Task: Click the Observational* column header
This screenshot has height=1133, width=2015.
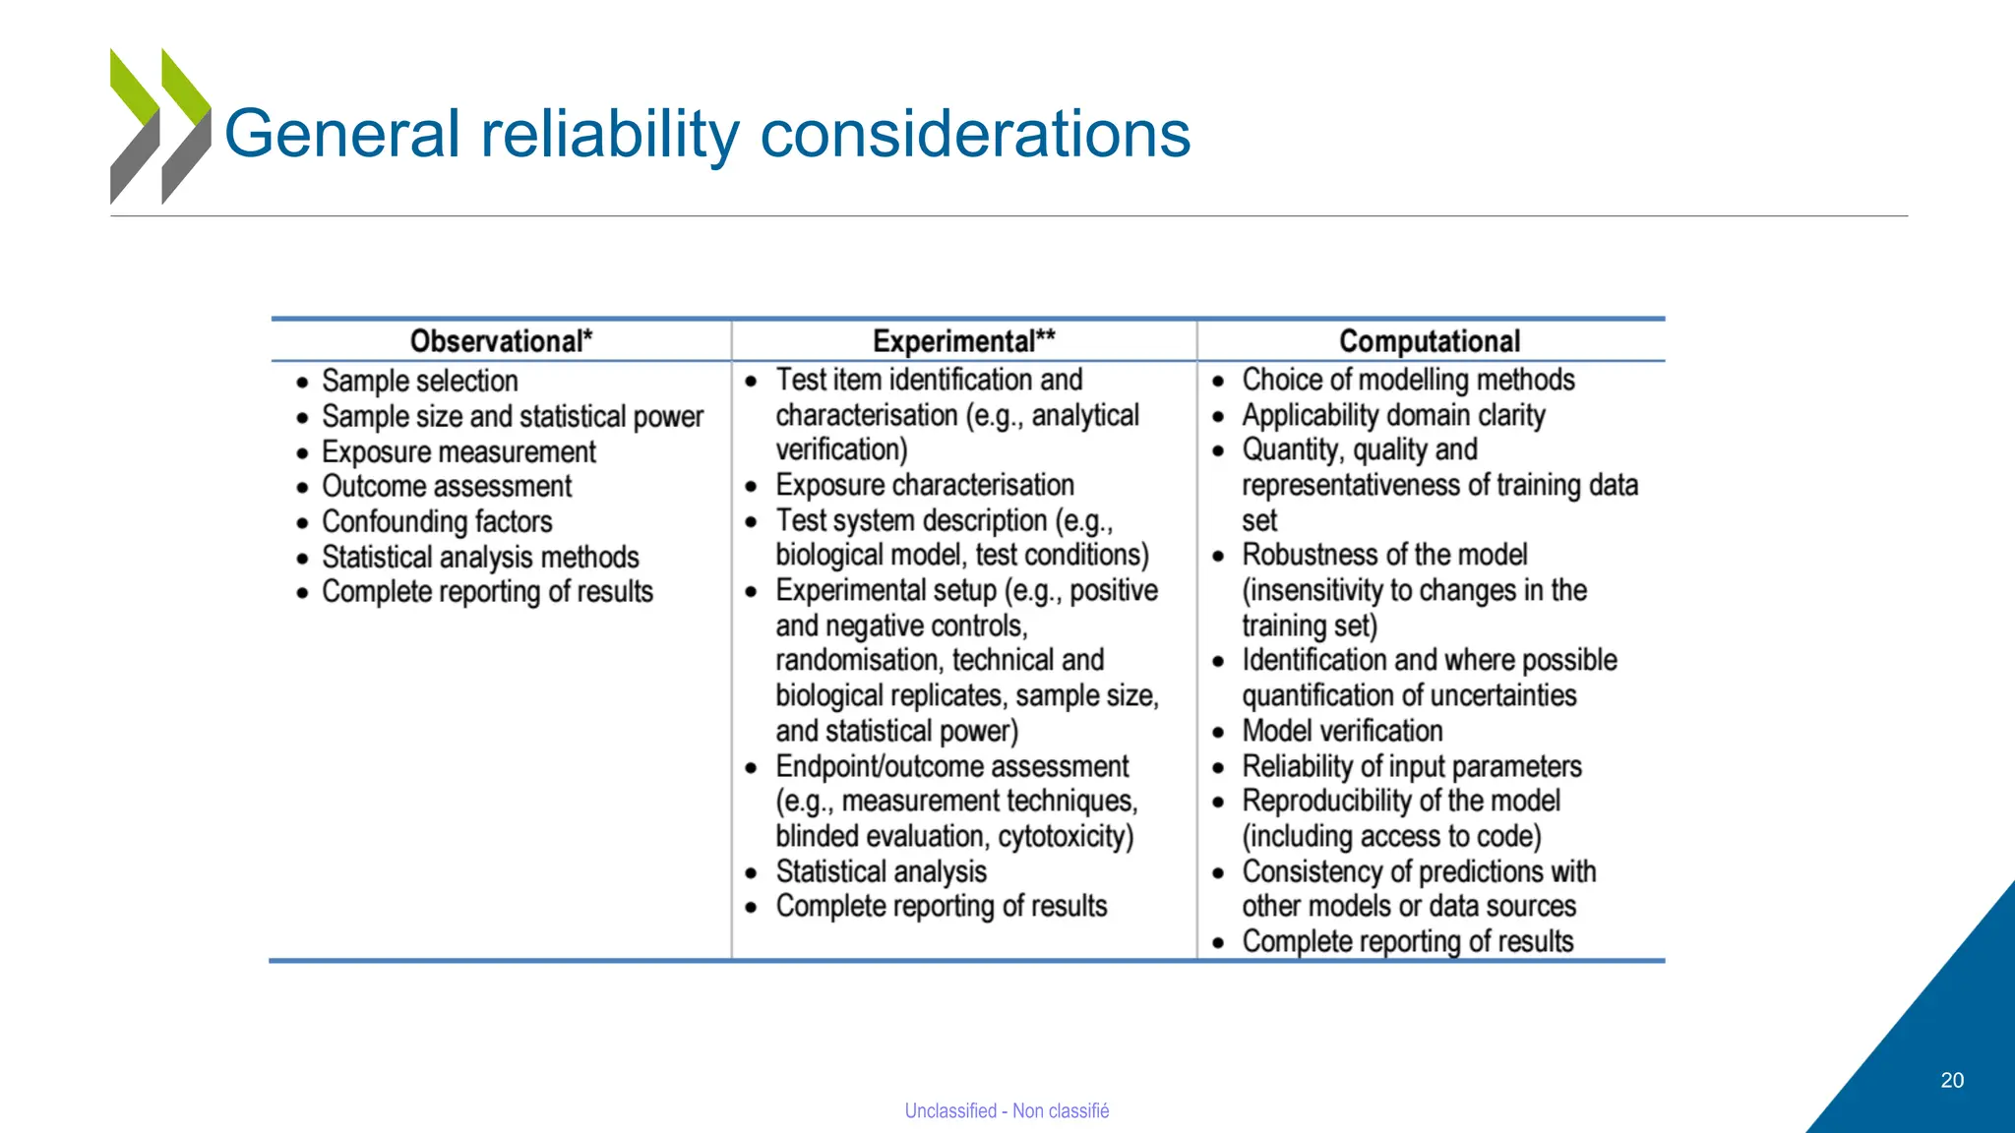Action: point(501,341)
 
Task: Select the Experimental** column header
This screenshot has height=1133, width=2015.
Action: point(963,341)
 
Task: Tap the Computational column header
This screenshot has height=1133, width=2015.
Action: point(1429,341)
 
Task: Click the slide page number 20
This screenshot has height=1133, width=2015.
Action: point(1952,1080)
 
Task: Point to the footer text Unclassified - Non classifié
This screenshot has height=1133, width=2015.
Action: point(1007,1110)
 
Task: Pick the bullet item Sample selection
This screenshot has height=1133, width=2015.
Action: point(419,381)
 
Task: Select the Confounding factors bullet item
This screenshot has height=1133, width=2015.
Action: point(437,521)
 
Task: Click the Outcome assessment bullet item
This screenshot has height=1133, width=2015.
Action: point(447,486)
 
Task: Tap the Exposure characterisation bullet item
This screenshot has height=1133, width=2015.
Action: point(924,485)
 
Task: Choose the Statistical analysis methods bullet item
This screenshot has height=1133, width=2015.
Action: point(480,557)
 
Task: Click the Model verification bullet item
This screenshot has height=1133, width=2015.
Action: point(1342,731)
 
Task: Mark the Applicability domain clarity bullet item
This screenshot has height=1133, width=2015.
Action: point(1393,415)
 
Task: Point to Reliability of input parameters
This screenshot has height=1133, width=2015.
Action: point(1412,766)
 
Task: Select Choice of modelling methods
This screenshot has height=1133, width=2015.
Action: point(1408,380)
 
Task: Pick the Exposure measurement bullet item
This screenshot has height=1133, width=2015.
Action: point(458,451)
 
